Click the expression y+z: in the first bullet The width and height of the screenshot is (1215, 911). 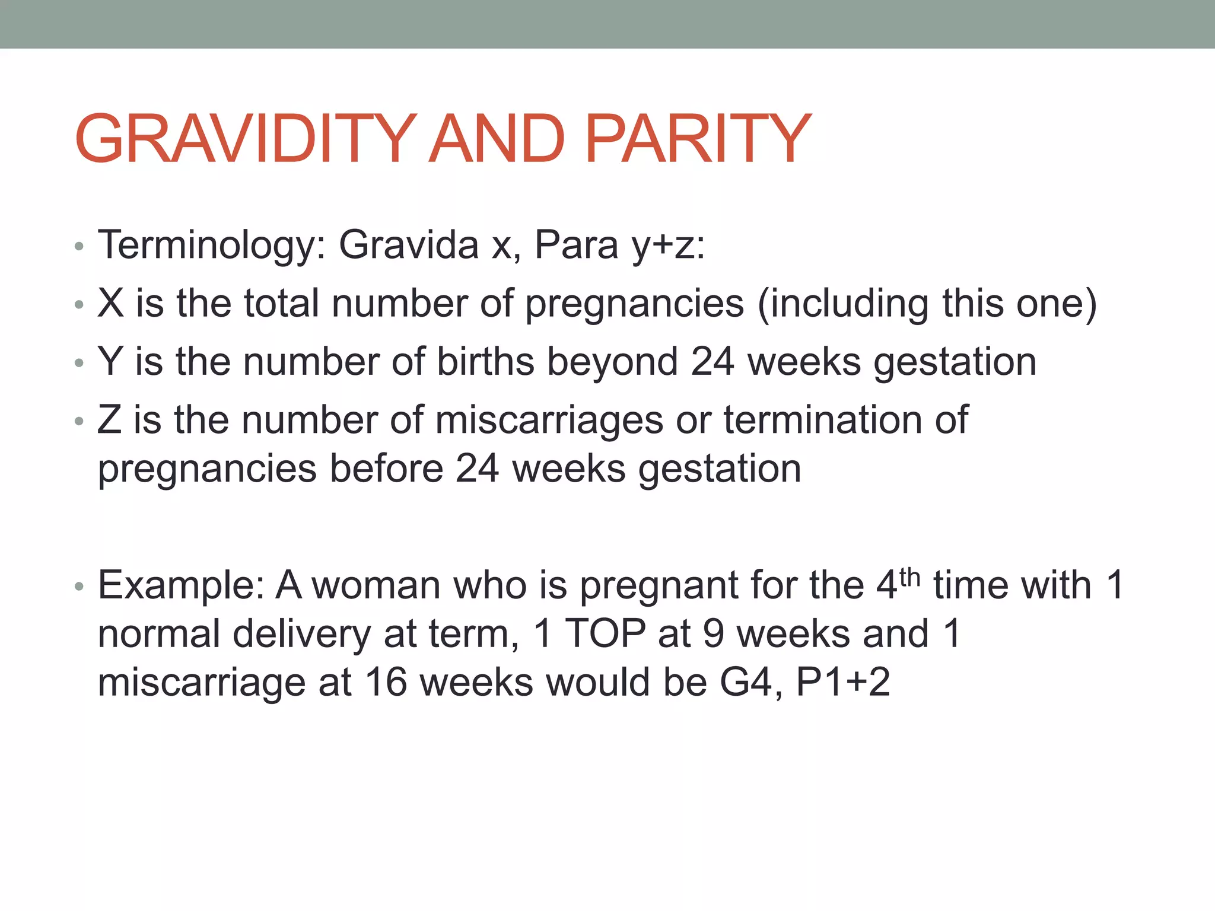[x=668, y=245]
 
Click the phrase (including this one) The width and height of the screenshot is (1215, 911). [x=927, y=304]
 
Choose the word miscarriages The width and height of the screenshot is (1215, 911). [x=549, y=420]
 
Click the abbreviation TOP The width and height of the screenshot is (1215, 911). [x=605, y=633]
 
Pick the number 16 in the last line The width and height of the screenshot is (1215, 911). [x=386, y=682]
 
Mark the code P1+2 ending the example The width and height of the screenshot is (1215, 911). [x=843, y=682]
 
